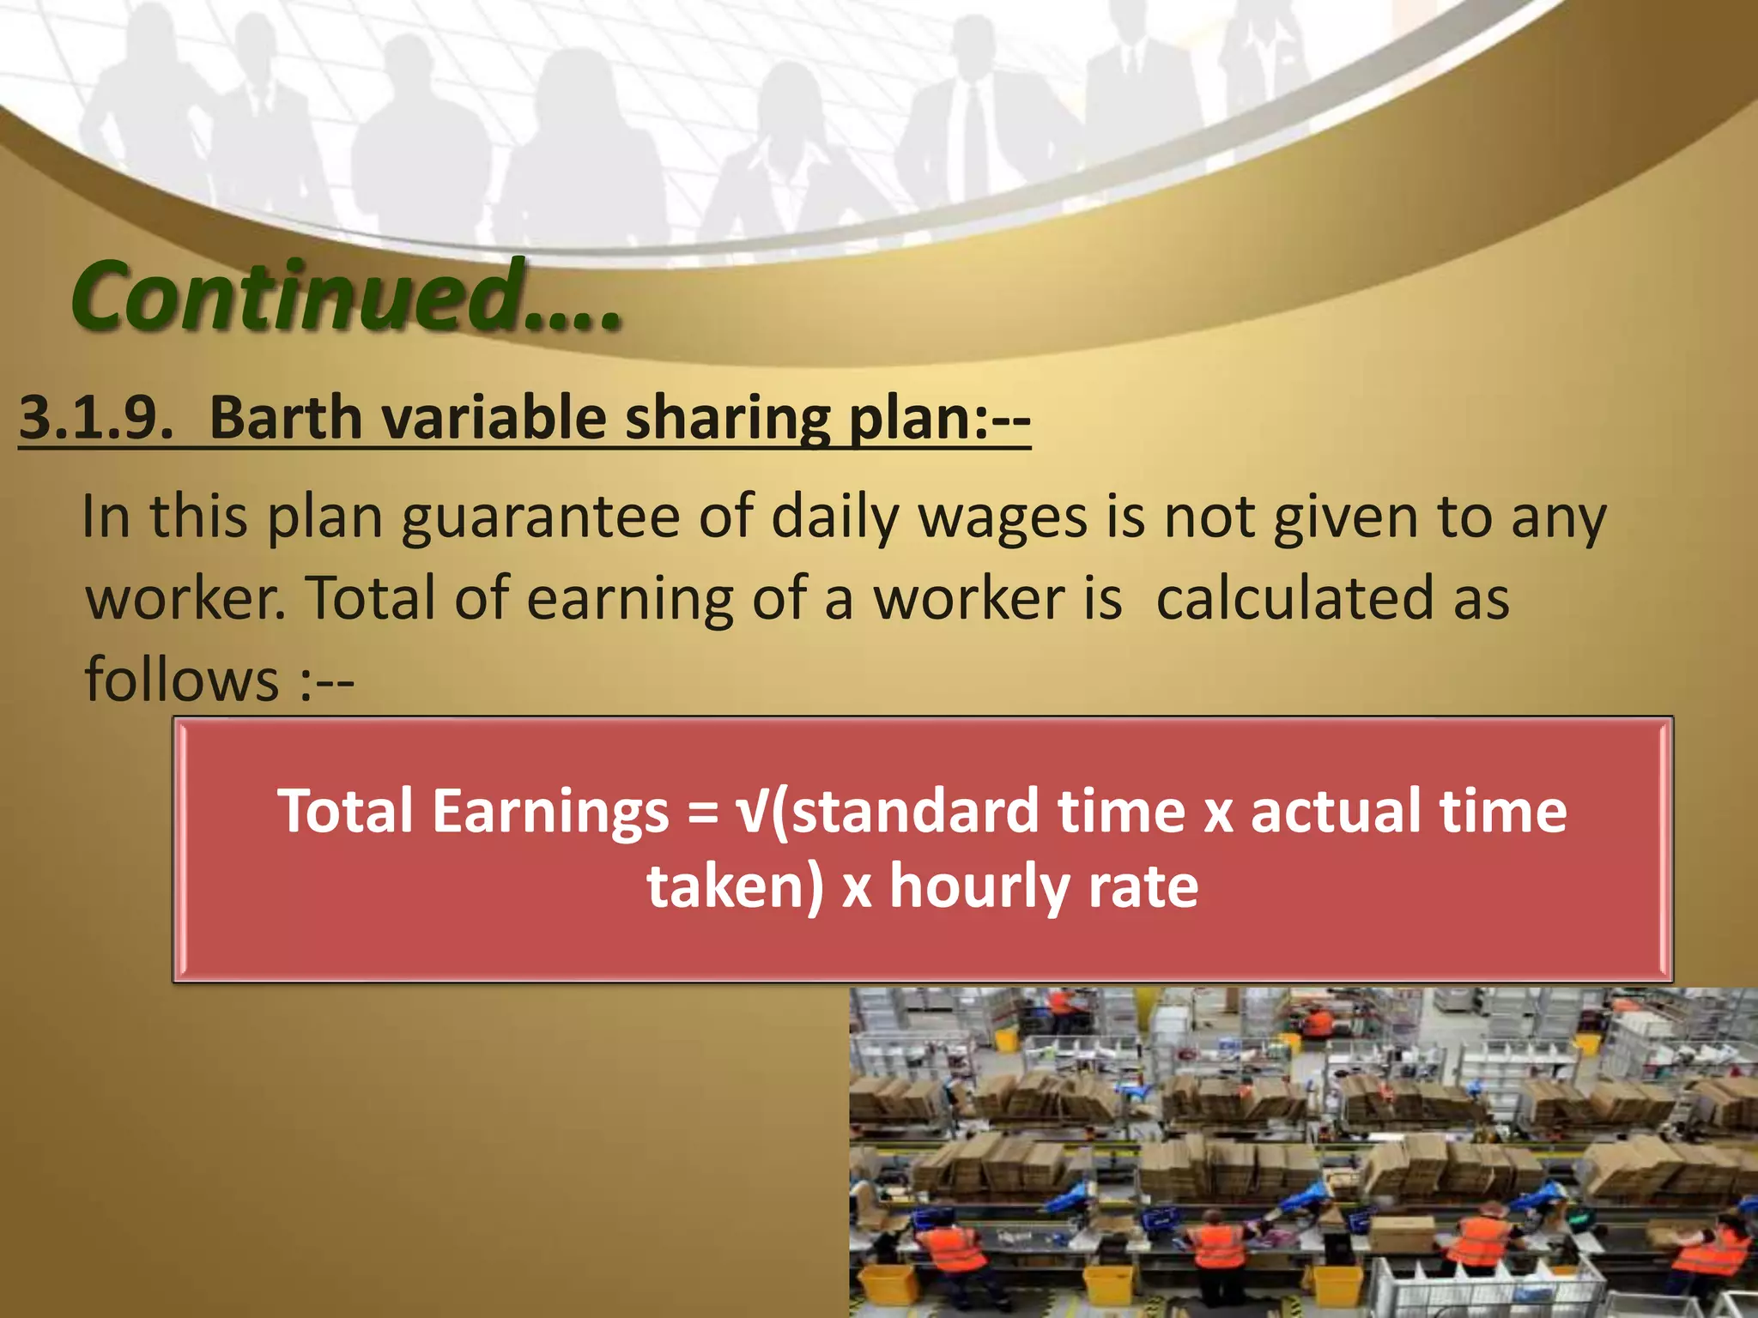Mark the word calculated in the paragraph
point(1295,598)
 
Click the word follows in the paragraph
point(181,678)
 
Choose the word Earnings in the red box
point(550,811)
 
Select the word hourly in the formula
point(979,886)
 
